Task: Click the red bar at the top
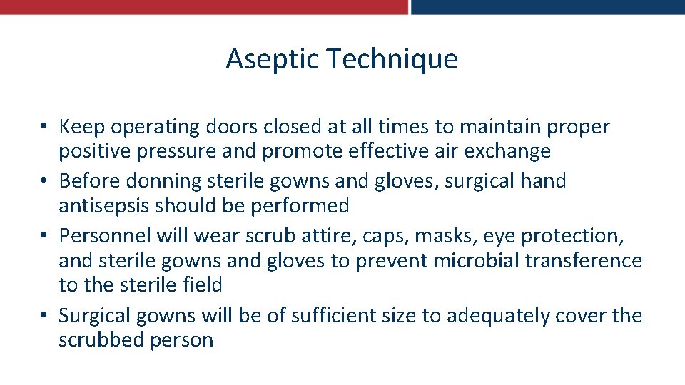203,7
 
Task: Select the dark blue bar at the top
548,7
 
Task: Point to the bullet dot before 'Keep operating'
44,128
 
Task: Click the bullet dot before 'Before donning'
44,182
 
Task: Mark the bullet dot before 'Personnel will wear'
44,236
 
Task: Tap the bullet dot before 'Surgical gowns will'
44,316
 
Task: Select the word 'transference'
584,260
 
